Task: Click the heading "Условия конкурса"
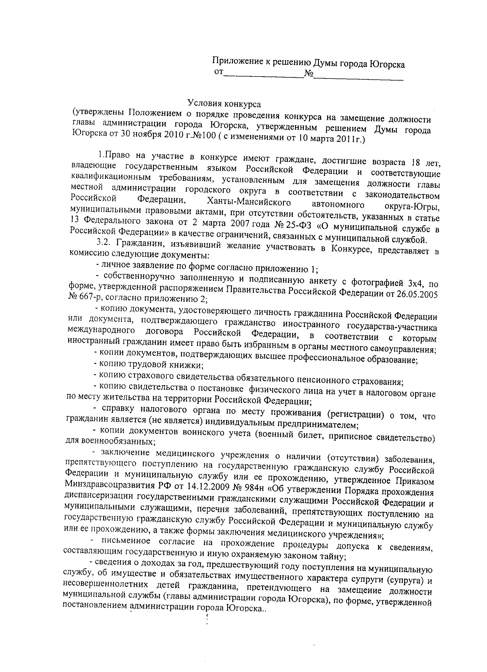(x=224, y=104)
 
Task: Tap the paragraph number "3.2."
(x=104, y=241)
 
